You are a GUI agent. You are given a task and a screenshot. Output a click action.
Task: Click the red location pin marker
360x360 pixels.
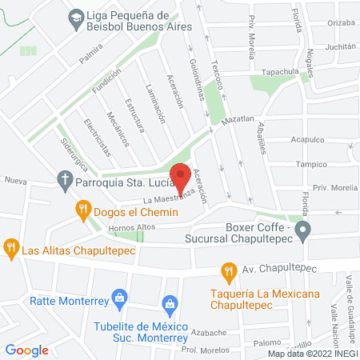[x=181, y=176]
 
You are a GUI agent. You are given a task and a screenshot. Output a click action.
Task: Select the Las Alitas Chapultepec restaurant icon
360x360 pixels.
[x=10, y=248]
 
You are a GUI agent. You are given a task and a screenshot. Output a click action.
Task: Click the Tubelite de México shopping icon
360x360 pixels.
[x=170, y=305]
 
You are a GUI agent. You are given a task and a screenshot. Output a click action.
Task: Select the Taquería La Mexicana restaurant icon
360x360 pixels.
[x=229, y=271]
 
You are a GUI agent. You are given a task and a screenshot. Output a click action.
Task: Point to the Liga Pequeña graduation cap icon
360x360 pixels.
[x=74, y=16]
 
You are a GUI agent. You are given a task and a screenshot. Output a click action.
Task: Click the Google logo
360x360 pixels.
[x=27, y=350]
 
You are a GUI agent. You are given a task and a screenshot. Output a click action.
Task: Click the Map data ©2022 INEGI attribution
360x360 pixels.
[x=312, y=353]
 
